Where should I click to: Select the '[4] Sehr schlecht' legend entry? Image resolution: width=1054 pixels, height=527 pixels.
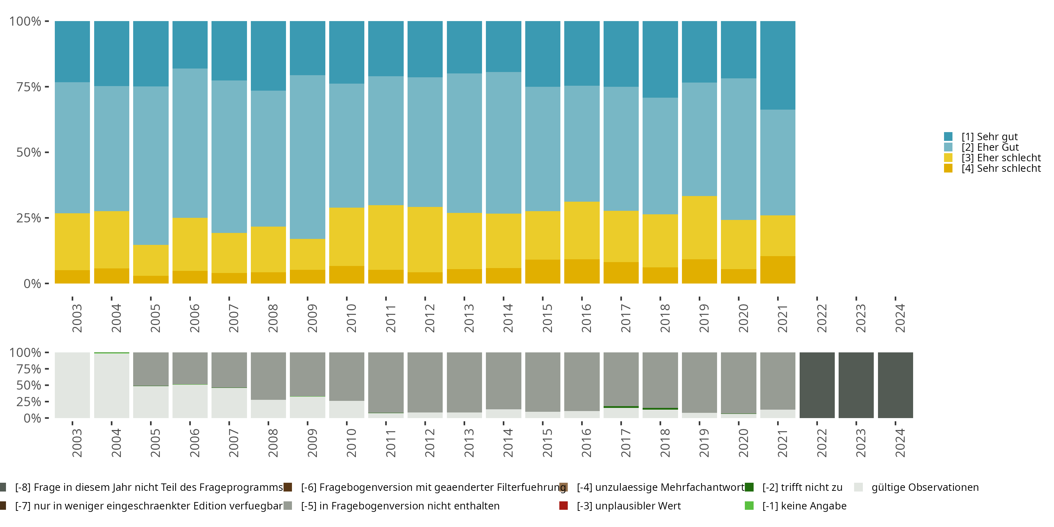click(992, 168)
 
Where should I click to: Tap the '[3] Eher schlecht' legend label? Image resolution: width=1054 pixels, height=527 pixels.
click(1001, 157)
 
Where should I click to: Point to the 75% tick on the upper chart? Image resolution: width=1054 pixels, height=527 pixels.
click(47, 87)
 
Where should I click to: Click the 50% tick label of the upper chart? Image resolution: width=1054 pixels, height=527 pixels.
click(29, 152)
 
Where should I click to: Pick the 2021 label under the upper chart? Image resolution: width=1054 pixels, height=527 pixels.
click(782, 318)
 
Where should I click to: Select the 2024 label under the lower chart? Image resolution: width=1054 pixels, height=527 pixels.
click(900, 443)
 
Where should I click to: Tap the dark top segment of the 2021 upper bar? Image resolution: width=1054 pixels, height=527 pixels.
click(778, 65)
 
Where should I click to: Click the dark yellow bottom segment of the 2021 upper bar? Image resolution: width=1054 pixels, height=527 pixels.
click(778, 269)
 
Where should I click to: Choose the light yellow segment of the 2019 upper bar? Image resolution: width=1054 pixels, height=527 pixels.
click(699, 228)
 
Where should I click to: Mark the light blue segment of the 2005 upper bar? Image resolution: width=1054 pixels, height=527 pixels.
click(151, 166)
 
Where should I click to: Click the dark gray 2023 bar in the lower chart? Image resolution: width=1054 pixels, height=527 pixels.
click(856, 385)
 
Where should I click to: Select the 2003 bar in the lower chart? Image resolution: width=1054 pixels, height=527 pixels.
click(72, 385)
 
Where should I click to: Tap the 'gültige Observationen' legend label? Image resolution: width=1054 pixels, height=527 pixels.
click(925, 487)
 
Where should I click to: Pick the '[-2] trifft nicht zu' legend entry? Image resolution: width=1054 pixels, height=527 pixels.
click(794, 487)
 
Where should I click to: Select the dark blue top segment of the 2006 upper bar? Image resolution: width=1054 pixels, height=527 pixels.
click(190, 45)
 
